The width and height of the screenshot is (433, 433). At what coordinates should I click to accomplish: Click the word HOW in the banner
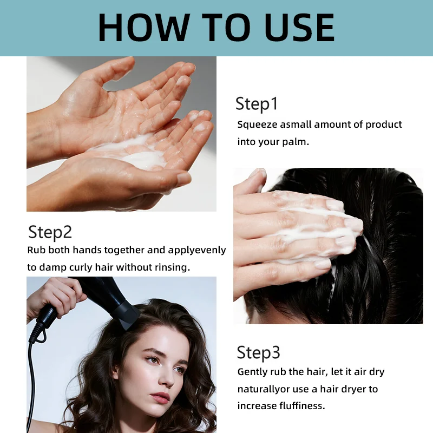coord(144,28)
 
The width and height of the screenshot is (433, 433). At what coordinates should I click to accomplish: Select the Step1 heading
coord(257,104)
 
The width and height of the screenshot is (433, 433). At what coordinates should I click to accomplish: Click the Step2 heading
coord(50,232)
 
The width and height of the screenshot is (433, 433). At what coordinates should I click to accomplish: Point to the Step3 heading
coord(259,353)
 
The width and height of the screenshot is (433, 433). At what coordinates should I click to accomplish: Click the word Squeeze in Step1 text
coord(257,125)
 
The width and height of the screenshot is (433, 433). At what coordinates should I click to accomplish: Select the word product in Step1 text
coord(384,124)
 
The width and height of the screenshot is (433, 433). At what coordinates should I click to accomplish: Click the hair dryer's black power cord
coord(31,381)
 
